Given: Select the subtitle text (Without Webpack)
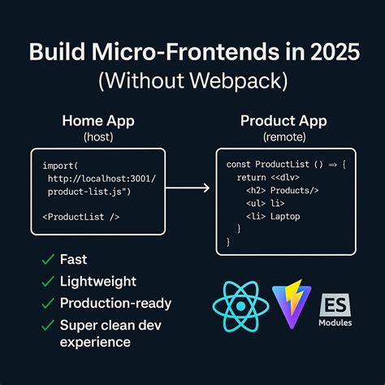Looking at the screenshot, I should tap(192, 81).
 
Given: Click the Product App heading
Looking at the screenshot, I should tap(284, 121).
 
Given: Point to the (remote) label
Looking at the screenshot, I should tap(284, 137).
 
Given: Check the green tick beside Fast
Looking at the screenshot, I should tap(48, 261).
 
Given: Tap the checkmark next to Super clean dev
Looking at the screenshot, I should tap(48, 325).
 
